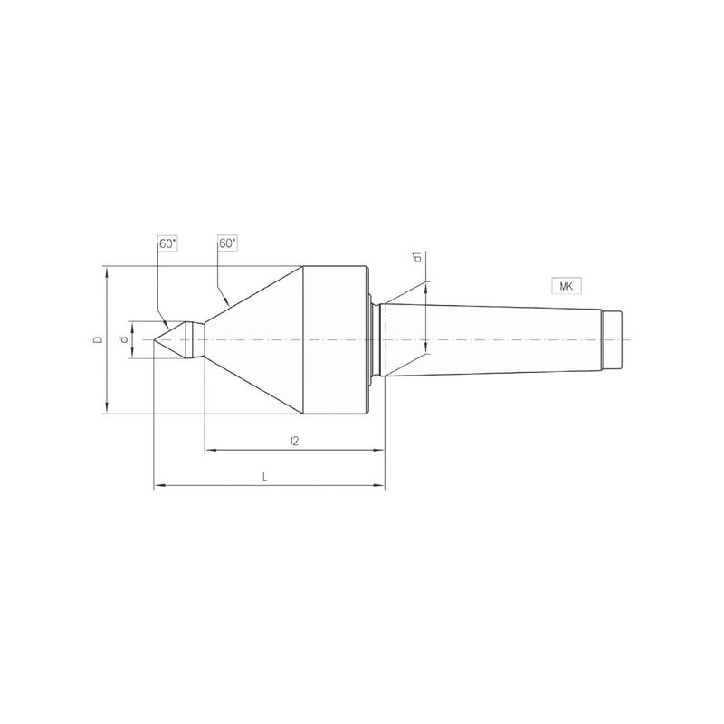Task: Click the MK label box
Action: point(567,286)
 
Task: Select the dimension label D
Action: point(98,340)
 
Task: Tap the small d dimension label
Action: point(123,340)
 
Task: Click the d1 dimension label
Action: point(418,257)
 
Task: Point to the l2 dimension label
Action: point(295,441)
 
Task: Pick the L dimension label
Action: point(264,477)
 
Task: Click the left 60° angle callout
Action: point(168,243)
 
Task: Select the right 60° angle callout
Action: point(228,243)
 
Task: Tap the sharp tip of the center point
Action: point(154,340)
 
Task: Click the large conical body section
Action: point(254,340)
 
